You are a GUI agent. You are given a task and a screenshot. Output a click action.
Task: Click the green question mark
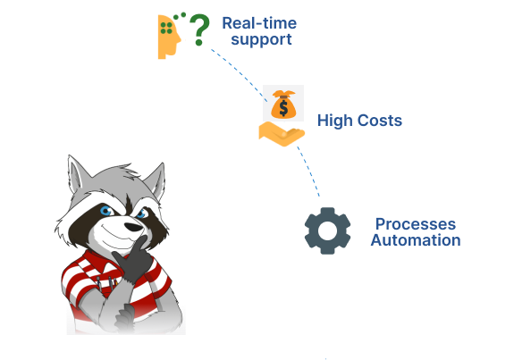pos(199,29)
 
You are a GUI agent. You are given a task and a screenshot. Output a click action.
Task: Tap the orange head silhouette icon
pos(169,37)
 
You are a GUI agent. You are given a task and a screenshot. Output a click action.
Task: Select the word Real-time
pos(259,23)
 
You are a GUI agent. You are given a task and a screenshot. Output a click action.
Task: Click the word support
pos(261,40)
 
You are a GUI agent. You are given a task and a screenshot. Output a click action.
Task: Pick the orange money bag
pos(283,104)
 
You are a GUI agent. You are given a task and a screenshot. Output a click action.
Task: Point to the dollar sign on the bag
pos(283,108)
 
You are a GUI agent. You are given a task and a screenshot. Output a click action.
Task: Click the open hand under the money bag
pos(282,133)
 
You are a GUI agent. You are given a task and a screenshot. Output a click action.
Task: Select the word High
pos(335,121)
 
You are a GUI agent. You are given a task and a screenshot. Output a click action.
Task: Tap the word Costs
pos(380,121)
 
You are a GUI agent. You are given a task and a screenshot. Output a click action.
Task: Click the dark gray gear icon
pos(328,230)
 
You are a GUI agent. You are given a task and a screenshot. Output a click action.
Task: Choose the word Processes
pos(416,224)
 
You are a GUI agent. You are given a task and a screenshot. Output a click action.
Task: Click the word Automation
pos(416,240)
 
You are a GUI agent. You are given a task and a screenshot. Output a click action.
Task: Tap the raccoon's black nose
pos(134,227)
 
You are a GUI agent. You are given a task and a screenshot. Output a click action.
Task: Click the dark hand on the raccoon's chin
pos(133,259)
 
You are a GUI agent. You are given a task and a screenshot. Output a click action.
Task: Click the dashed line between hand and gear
pos(309,171)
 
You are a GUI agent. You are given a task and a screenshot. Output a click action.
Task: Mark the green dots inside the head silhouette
pos(166,29)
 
